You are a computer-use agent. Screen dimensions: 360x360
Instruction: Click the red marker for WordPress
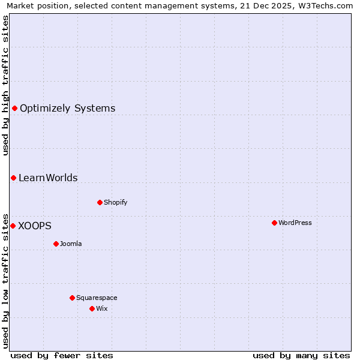click(274, 223)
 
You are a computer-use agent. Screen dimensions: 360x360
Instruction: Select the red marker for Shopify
click(100, 202)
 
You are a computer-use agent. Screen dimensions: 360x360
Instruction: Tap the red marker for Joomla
click(56, 244)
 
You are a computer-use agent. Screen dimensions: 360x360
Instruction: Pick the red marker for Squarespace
click(72, 298)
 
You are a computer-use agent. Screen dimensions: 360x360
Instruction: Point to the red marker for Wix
click(92, 308)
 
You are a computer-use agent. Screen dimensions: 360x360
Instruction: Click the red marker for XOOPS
click(13, 226)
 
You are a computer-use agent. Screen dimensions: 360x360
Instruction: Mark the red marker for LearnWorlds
click(13, 178)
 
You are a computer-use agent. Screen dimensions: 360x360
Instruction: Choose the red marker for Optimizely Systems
click(14, 108)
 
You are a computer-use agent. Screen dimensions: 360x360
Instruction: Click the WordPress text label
click(295, 223)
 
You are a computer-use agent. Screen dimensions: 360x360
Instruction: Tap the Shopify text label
click(116, 202)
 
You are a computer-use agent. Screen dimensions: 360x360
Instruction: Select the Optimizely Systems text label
click(67, 109)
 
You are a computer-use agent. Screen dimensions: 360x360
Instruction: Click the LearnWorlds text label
click(48, 178)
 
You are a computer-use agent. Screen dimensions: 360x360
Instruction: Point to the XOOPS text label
click(35, 226)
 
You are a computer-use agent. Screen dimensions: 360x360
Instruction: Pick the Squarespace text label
click(97, 298)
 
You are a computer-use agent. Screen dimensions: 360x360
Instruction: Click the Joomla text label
click(71, 244)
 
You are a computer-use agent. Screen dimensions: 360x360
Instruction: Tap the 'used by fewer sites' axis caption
click(62, 355)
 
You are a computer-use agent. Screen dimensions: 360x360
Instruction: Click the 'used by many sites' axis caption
click(301, 355)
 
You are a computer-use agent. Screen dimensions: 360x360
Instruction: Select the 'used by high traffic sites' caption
click(5, 85)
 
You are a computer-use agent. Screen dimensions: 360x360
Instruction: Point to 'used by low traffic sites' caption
click(5, 280)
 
